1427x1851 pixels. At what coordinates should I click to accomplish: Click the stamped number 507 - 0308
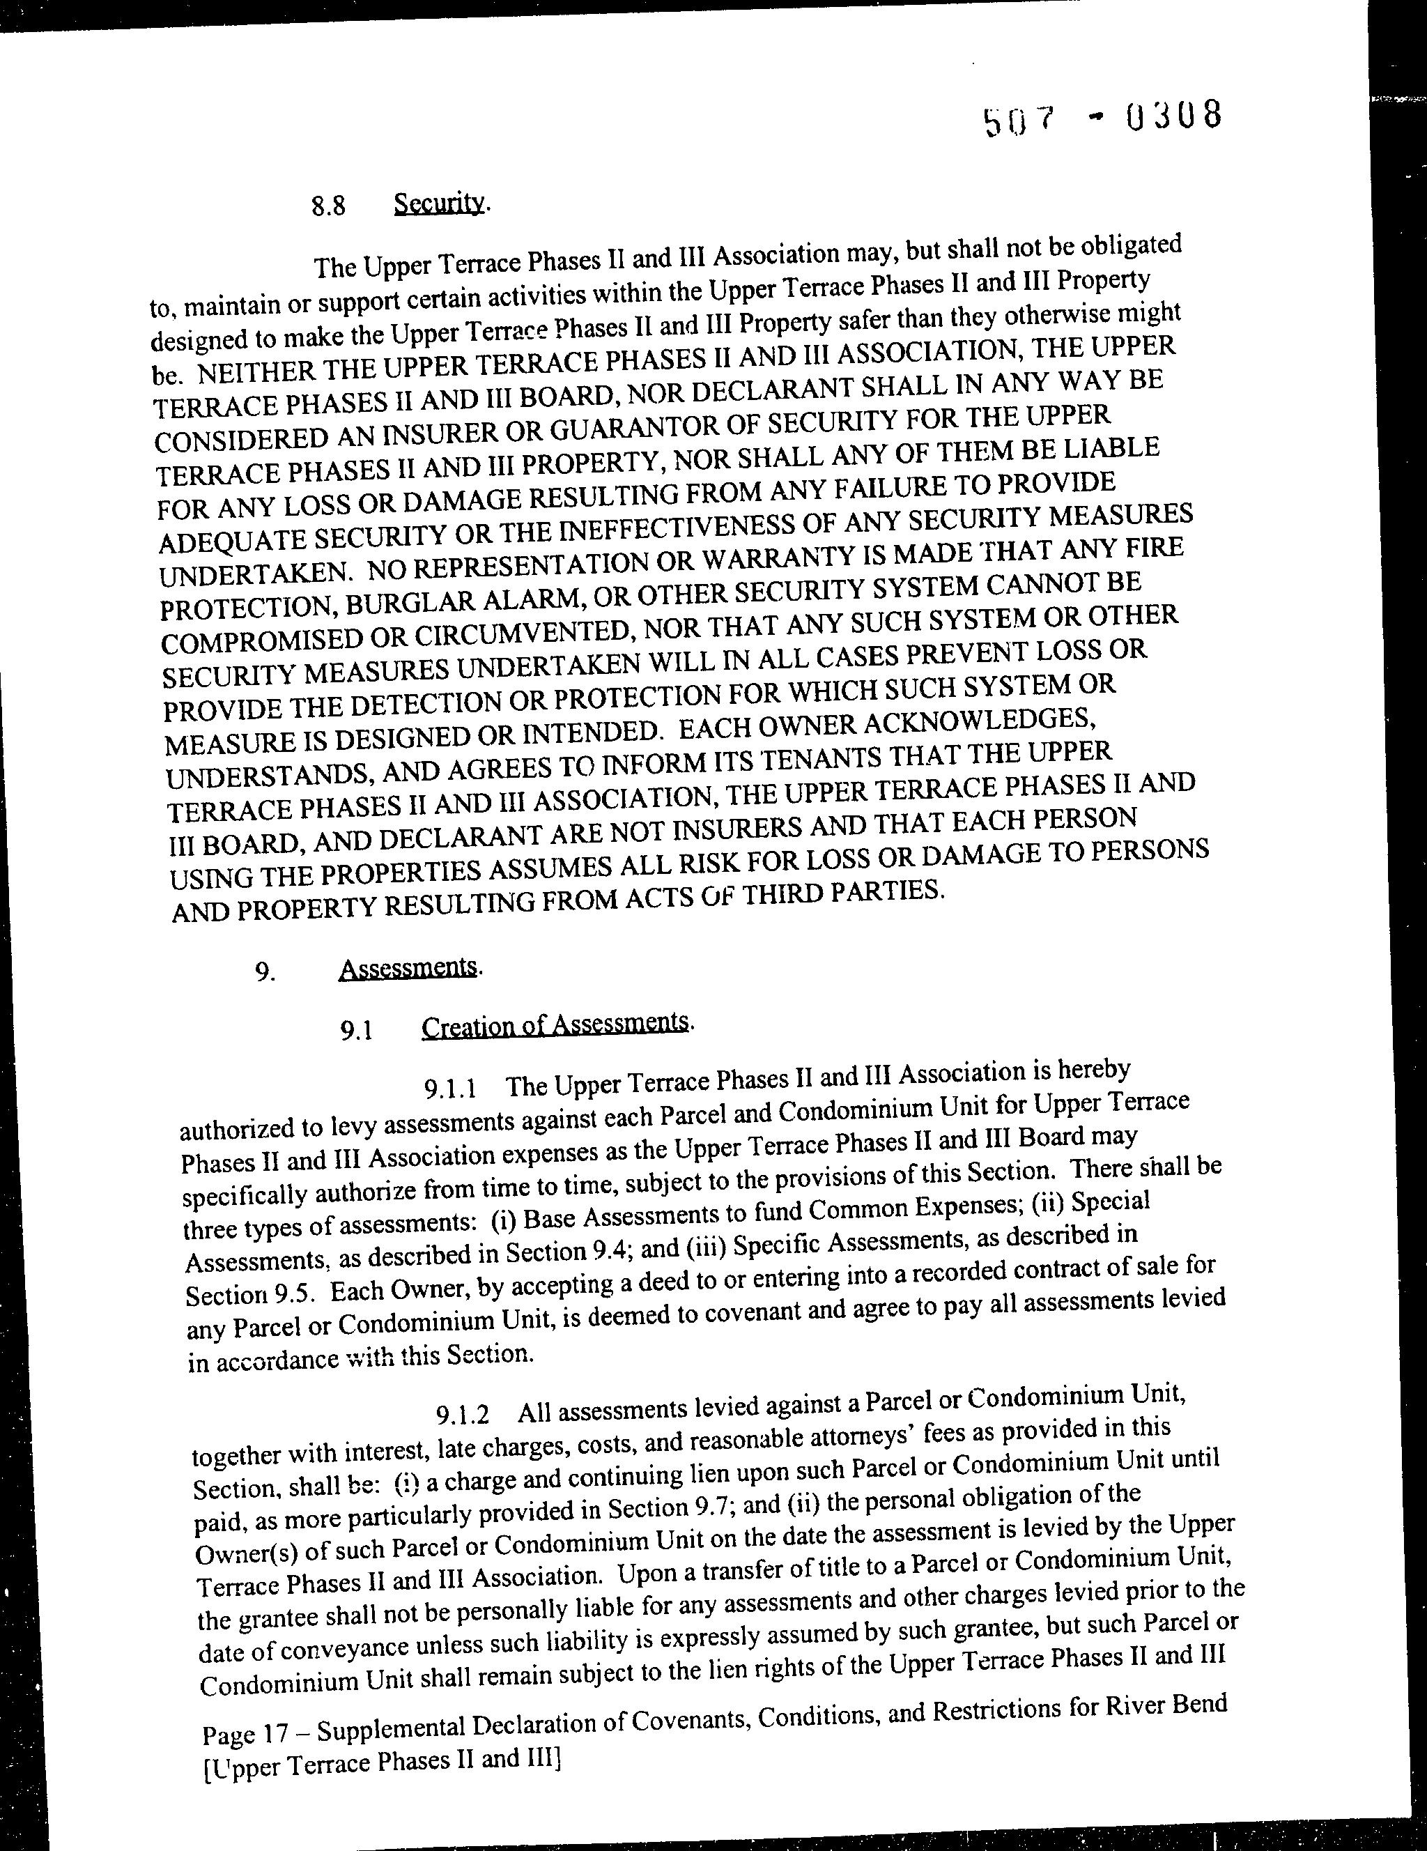pos(1102,118)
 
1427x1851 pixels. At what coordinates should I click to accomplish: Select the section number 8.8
pos(328,206)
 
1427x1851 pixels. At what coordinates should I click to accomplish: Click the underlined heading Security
pos(440,203)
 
